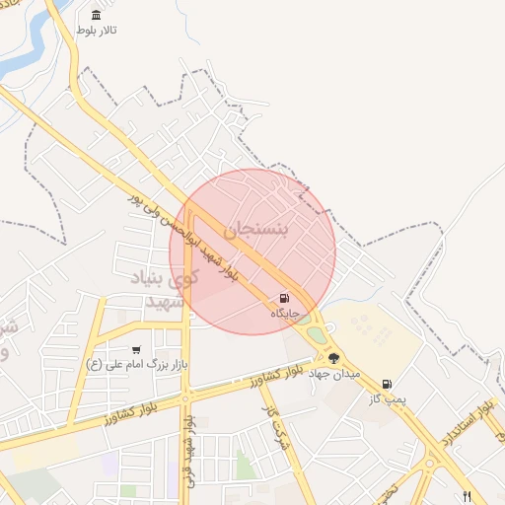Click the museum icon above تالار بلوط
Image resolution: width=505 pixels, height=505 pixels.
coord(96,15)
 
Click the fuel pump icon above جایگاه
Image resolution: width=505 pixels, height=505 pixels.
coord(285,298)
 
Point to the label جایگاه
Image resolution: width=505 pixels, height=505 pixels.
coord(285,313)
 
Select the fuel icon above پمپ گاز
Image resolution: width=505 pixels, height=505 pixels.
coord(386,384)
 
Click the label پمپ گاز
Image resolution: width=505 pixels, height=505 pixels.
coord(389,399)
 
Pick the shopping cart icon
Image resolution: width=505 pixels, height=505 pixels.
coord(136,349)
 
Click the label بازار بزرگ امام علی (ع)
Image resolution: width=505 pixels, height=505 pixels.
coord(136,365)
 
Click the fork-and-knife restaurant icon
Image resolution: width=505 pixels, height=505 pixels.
coord(468,496)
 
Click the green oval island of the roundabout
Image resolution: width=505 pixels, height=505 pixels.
coord(317,335)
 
